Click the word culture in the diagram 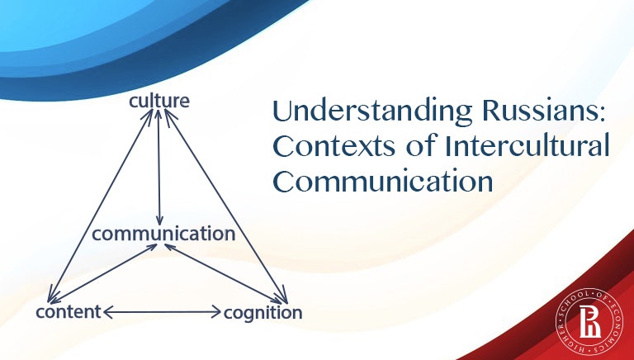click(159, 101)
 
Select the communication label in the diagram click(163, 234)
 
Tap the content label click(69, 312)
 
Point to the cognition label click(263, 313)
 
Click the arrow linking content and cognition click(162, 312)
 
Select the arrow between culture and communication click(158, 167)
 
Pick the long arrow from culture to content click(100, 206)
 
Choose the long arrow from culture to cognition click(226, 206)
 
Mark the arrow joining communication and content click(103, 273)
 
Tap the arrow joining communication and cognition click(223, 273)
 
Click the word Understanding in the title click(372, 111)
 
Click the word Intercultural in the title click(527, 145)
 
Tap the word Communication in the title click(383, 182)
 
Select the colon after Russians click(601, 115)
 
